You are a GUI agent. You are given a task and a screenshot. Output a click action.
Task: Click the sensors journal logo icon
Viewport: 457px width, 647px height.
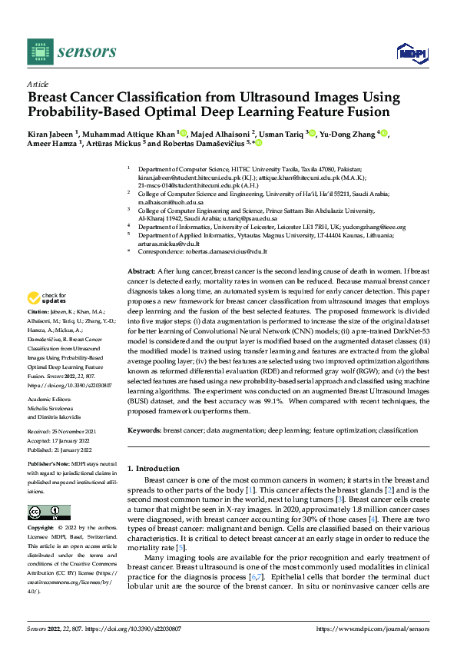point(39,51)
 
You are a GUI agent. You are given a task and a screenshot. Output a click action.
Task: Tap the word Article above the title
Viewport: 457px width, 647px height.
point(38,84)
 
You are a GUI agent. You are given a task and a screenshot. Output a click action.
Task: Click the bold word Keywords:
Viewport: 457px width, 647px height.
point(144,432)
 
